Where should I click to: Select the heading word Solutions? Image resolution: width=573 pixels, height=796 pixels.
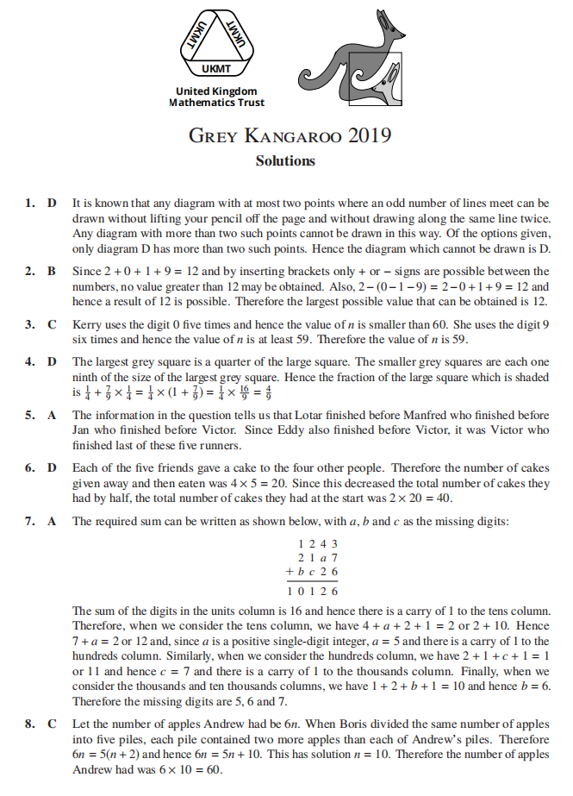pyautogui.click(x=285, y=160)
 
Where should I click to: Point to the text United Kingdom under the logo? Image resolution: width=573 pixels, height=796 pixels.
pyautogui.click(x=216, y=91)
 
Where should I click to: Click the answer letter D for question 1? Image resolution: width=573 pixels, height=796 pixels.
pyautogui.click(x=52, y=204)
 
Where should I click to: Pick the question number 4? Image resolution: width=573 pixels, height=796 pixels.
pyautogui.click(x=28, y=361)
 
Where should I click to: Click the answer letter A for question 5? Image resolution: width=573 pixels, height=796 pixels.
pyautogui.click(x=52, y=415)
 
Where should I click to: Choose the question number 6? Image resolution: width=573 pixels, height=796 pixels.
pyautogui.click(x=28, y=467)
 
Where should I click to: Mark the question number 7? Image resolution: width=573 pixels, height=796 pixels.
pyautogui.click(x=28, y=521)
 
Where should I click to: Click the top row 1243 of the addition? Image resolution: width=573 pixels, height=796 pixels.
pyautogui.click(x=317, y=543)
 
